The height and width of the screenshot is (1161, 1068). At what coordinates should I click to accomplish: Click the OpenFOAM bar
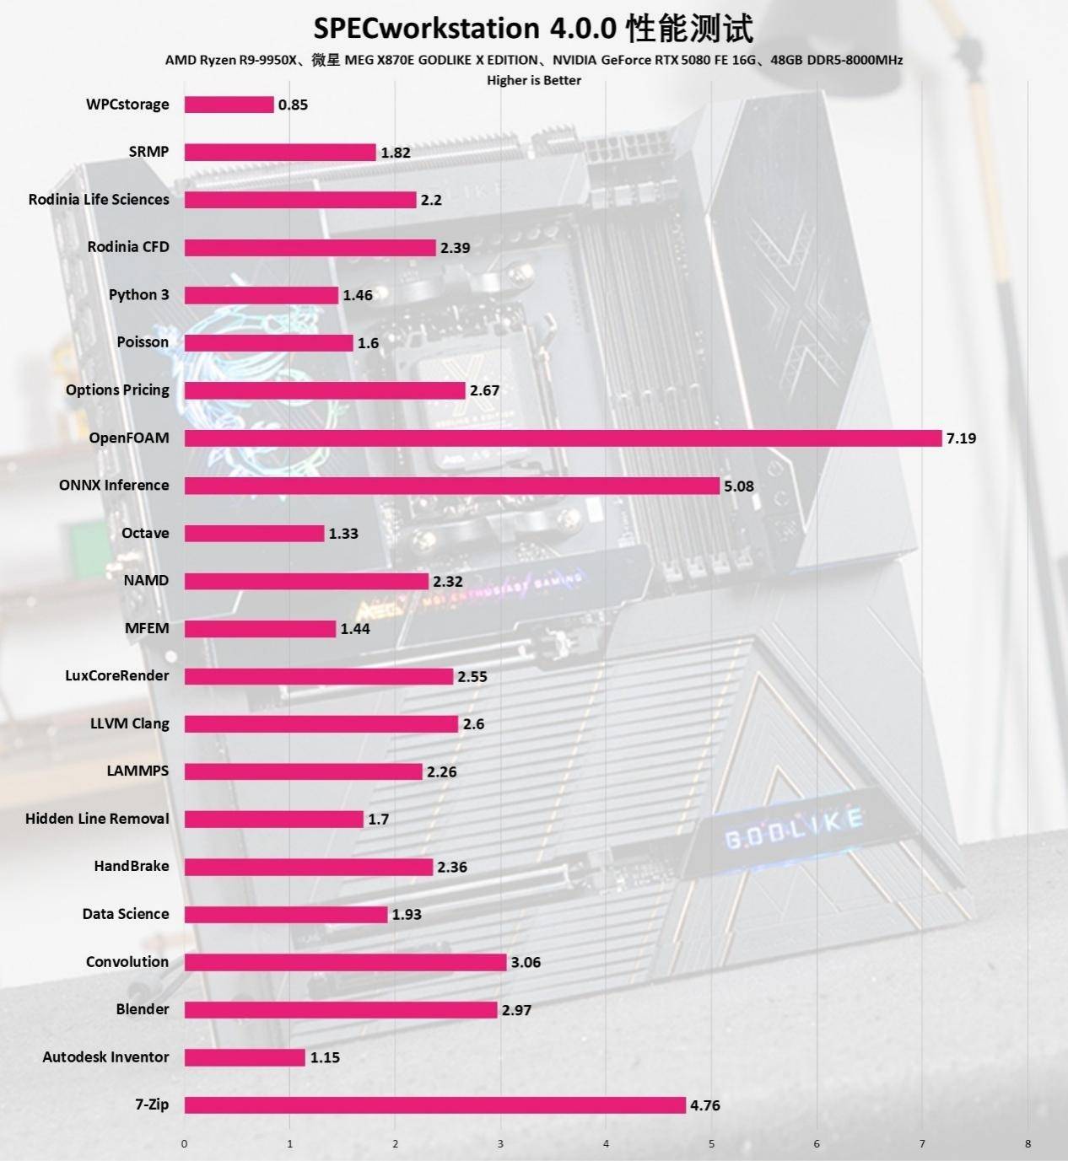(563, 438)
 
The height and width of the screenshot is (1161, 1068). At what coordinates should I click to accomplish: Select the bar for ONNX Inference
(452, 486)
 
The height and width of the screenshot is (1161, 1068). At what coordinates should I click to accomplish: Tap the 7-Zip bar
(434, 1105)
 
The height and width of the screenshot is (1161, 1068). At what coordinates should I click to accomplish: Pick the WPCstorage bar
(229, 105)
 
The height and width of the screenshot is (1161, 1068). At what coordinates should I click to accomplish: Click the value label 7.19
(961, 438)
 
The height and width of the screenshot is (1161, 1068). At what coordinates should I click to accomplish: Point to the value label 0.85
(293, 105)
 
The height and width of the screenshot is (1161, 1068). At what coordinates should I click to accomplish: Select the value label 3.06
(526, 962)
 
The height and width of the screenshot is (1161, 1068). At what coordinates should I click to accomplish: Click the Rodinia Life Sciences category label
(99, 200)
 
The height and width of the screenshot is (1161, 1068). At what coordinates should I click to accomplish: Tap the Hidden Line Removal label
(97, 819)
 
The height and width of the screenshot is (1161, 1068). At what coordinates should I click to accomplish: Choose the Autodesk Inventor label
(105, 1057)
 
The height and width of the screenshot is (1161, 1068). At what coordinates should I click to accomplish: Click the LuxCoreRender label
(117, 676)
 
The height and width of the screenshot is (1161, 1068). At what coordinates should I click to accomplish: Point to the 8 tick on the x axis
(1028, 1144)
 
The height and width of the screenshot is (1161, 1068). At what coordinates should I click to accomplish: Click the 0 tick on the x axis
(185, 1144)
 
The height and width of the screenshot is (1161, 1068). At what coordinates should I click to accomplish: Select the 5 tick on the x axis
(711, 1144)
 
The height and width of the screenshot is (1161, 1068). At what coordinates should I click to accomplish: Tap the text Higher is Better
(533, 80)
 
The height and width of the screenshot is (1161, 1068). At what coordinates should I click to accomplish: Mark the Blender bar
(341, 1010)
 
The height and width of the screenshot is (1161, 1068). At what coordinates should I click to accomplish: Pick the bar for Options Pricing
(325, 390)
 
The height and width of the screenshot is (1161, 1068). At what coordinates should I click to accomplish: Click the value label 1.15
(324, 1057)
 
